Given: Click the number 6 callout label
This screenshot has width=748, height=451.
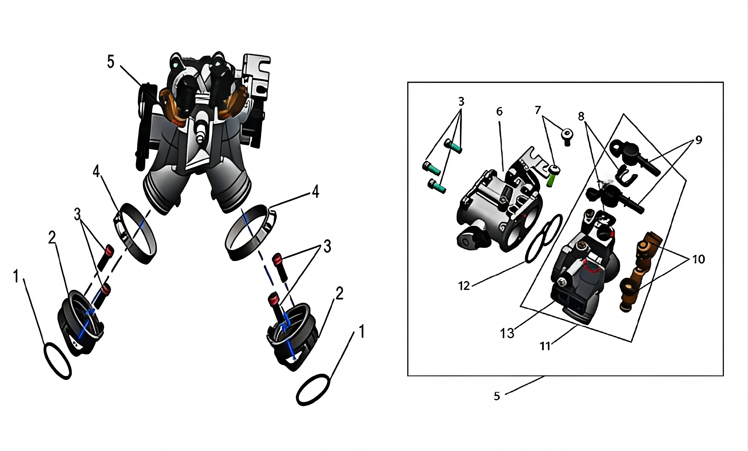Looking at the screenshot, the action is click(500, 111).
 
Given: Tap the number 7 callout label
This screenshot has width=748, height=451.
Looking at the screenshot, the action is click(538, 110).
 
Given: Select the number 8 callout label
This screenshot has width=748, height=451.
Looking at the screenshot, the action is click(581, 116).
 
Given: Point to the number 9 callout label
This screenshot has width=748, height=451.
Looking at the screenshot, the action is click(699, 140).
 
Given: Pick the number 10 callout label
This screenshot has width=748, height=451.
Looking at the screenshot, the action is click(699, 259).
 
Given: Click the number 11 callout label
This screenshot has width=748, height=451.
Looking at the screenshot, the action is click(545, 346).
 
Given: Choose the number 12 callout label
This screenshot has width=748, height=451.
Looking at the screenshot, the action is click(464, 285).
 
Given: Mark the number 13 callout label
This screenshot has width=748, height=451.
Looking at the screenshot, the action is click(507, 333).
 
